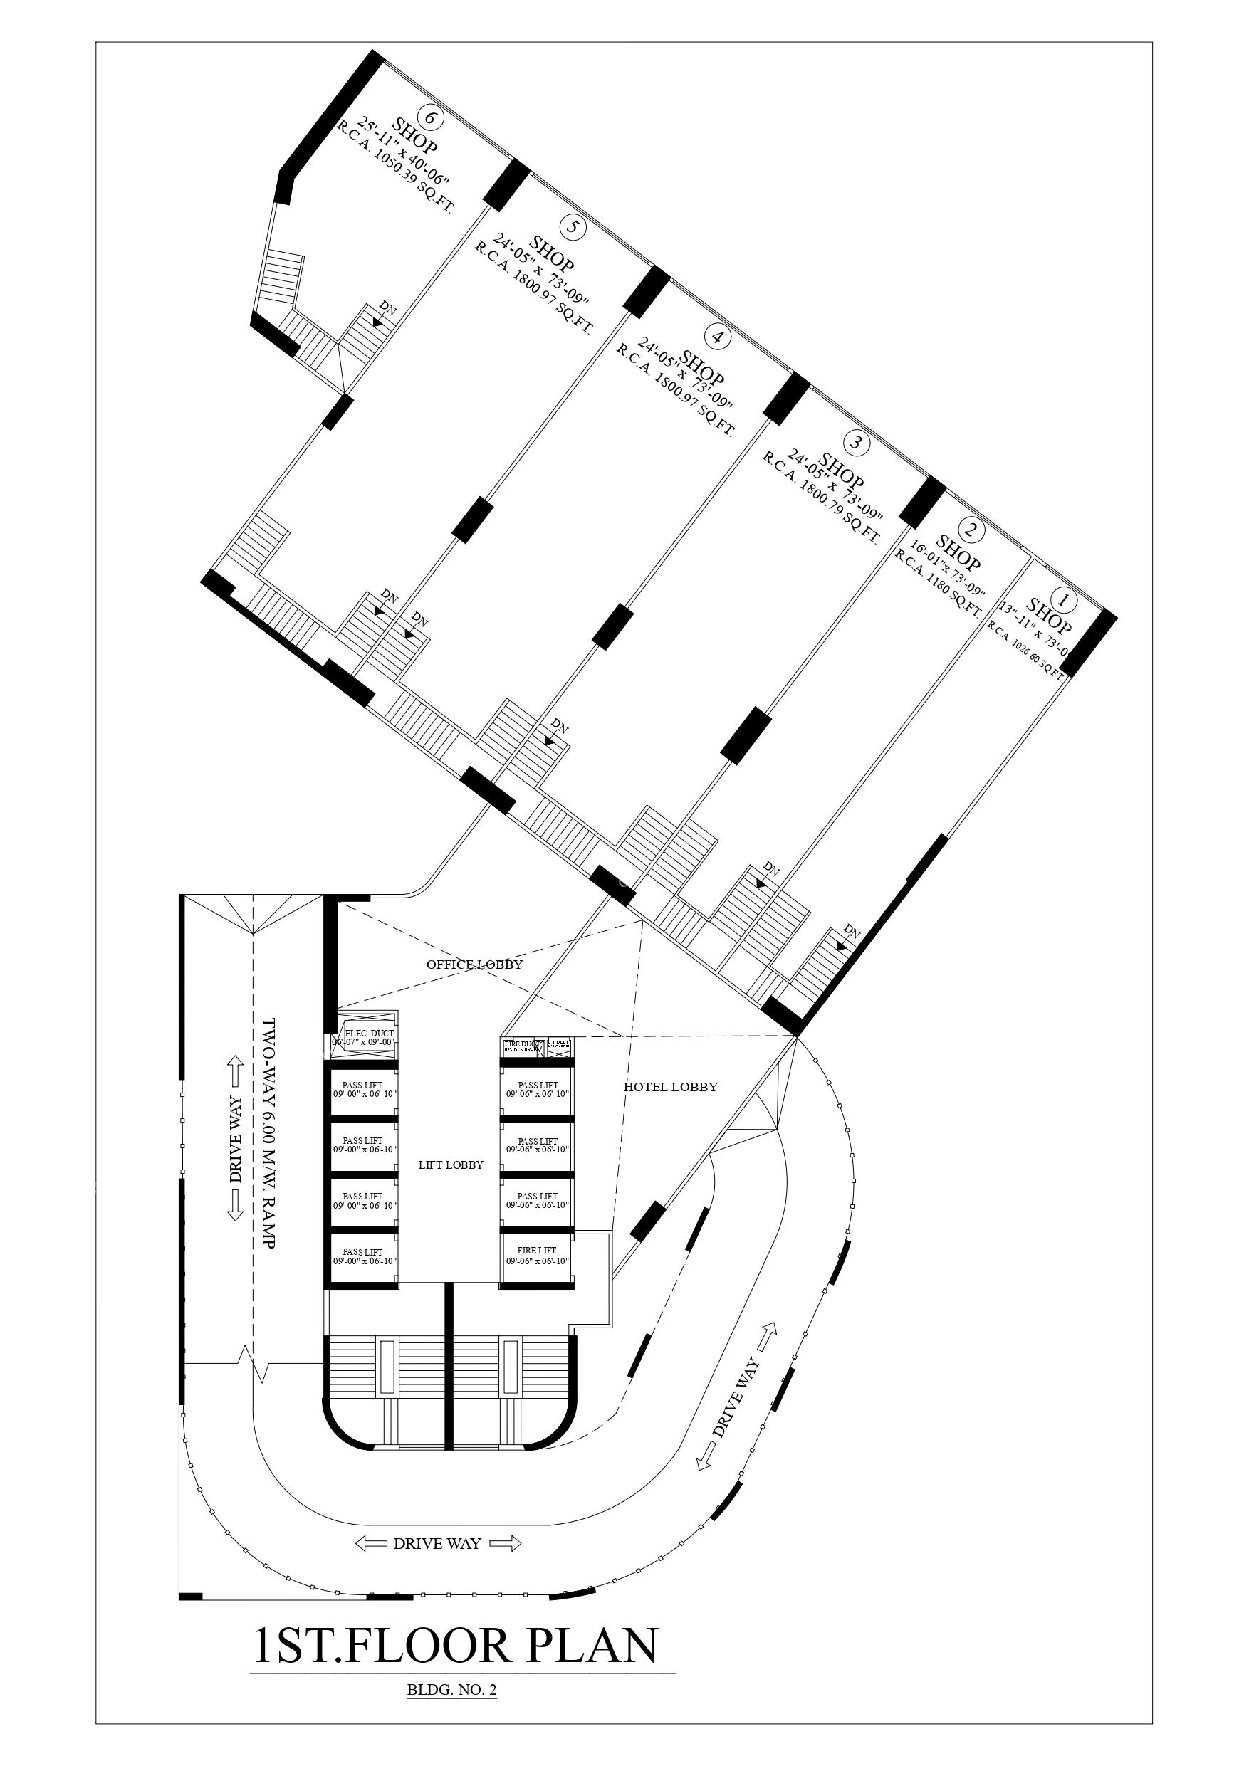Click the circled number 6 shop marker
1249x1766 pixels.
tap(433, 118)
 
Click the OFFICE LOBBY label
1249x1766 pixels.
tap(475, 965)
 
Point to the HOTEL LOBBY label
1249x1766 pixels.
tap(670, 1087)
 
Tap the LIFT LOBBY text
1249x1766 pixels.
tap(451, 1186)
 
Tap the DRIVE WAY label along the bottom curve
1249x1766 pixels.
tap(437, 1544)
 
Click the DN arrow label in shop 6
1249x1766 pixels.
tap(389, 309)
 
